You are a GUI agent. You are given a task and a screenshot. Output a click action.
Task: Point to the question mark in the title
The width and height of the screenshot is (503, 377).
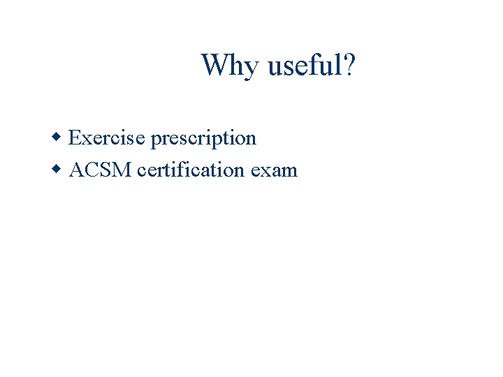(x=349, y=66)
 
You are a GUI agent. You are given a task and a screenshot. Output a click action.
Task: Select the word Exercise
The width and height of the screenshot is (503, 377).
(x=107, y=138)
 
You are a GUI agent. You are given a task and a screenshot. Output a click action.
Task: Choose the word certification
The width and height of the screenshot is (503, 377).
(x=191, y=170)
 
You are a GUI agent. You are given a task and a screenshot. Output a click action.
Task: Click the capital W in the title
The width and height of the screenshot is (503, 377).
(x=214, y=66)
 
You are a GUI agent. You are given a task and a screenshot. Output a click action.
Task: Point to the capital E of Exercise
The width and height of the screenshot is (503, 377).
(x=75, y=138)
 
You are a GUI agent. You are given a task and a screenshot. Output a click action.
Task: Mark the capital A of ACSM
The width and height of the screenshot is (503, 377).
(x=77, y=170)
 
